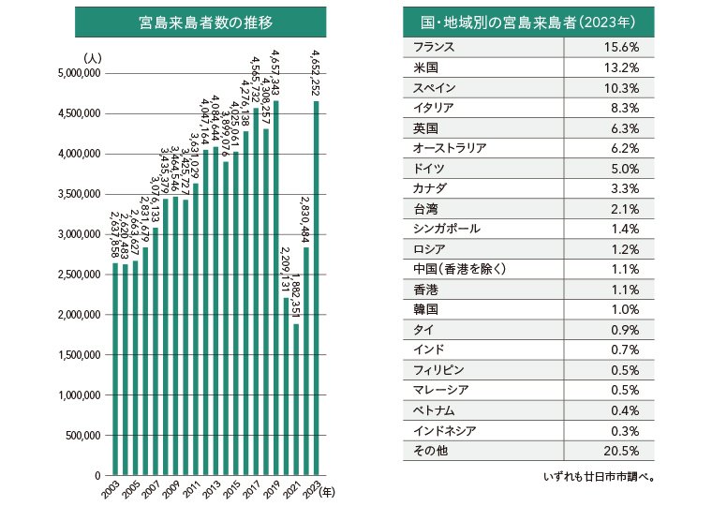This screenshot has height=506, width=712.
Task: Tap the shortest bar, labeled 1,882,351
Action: [x=296, y=399]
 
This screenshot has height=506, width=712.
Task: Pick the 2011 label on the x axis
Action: [x=192, y=491]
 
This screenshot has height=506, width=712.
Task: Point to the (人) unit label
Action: [x=93, y=58]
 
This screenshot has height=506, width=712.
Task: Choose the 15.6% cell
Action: [x=622, y=48]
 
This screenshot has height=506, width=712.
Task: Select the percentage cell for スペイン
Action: [x=622, y=87]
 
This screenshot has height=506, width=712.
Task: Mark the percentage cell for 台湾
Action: [x=624, y=208]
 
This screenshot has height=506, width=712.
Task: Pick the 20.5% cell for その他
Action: [x=622, y=451]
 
